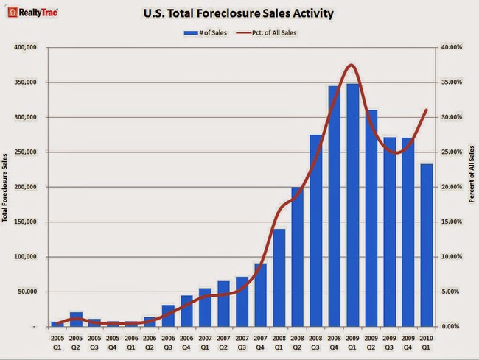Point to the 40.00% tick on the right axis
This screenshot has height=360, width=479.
[452, 48]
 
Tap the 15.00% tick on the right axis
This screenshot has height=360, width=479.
[452, 222]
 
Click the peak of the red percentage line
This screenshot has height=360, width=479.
[352, 66]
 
